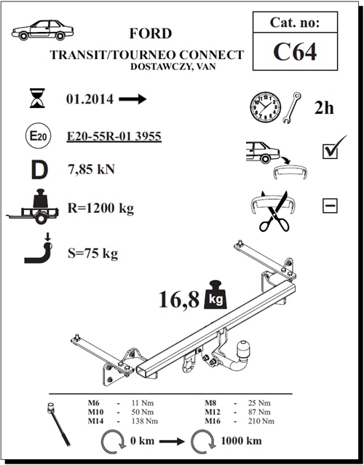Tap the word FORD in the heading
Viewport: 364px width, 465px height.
pos(151,34)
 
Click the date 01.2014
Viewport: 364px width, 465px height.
pos(89,100)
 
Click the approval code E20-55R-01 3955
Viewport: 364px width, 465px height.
pos(113,136)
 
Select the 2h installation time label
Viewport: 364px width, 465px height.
pos(324,108)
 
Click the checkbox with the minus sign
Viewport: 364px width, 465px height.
pos(330,206)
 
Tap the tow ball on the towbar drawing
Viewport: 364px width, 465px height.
pos(238,360)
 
